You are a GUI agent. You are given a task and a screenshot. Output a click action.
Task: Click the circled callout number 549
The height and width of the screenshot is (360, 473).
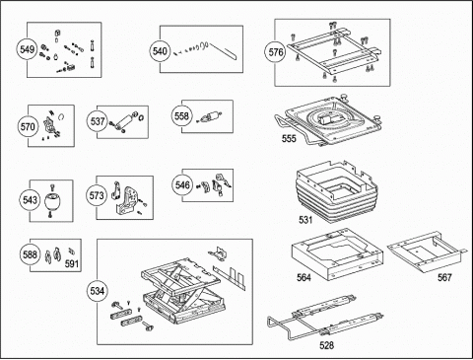point(27,49)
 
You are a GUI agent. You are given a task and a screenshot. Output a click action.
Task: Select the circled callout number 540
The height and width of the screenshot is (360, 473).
point(160,51)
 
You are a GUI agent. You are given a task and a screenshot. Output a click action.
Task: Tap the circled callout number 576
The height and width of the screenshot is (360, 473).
point(275,52)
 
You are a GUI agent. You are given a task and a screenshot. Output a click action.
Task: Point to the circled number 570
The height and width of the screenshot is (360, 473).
point(28,126)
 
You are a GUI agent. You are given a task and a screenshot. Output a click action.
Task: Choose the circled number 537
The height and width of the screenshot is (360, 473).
point(98,121)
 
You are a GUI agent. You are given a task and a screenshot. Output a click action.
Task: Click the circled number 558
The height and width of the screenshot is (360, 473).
point(181,116)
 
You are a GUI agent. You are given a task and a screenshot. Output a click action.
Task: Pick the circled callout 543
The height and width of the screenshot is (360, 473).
point(30,200)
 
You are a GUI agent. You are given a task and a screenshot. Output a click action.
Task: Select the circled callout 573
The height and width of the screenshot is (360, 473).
point(97,195)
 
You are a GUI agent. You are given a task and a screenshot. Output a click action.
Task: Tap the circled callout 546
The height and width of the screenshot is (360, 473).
point(182,185)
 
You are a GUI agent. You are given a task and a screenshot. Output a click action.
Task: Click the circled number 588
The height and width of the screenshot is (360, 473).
point(30,254)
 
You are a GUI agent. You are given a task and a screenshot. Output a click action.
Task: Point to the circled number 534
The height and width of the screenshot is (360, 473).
point(97,291)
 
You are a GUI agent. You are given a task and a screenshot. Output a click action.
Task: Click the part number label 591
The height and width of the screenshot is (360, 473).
point(71,263)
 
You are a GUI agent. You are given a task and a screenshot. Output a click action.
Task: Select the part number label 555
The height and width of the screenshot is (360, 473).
point(289,139)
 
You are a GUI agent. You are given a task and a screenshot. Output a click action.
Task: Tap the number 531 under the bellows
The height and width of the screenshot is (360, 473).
point(305,220)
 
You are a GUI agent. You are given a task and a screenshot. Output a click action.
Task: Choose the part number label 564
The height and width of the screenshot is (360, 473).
point(304,278)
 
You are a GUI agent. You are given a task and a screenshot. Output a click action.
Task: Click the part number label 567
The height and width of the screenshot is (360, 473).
point(444,278)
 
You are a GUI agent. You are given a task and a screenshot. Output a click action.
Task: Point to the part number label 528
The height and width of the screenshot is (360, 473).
point(326,345)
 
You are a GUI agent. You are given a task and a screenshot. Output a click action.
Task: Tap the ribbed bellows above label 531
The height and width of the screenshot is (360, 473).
point(337,192)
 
